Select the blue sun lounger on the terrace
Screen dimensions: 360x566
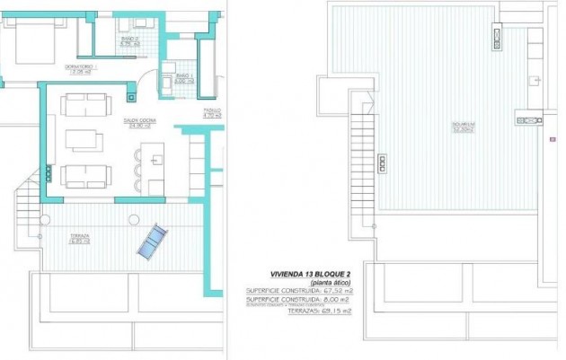tap(153, 239)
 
